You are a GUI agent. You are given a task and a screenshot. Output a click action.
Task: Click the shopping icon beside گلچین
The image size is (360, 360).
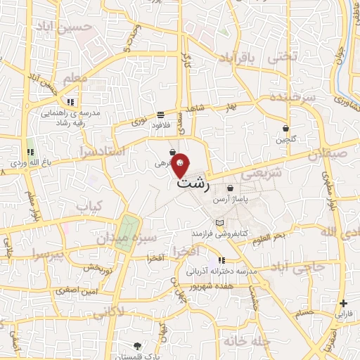click(285, 129)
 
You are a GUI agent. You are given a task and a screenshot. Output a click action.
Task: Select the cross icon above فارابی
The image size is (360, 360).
click(342, 304)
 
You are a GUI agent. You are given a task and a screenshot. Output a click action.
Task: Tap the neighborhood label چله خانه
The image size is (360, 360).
click(245, 340)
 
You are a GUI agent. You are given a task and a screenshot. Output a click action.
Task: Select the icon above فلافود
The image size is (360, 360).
click(161, 115)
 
